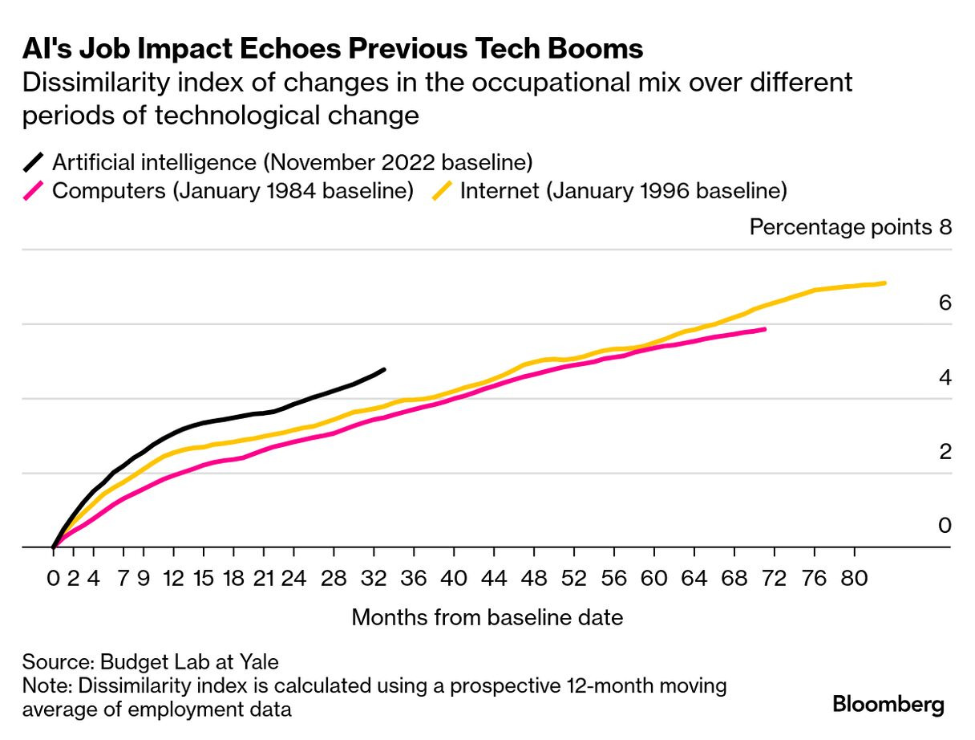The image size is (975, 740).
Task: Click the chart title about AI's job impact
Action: (332, 49)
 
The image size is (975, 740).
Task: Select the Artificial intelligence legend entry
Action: (292, 162)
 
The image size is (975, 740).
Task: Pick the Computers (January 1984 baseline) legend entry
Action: (233, 191)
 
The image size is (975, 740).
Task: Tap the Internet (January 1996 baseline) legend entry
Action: (623, 191)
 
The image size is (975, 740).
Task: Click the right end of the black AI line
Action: (385, 369)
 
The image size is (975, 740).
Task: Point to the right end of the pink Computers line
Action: (765, 329)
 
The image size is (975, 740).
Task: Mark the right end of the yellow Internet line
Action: (884, 283)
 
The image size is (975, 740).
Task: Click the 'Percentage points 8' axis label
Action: (850, 227)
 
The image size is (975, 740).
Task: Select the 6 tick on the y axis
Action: (944, 303)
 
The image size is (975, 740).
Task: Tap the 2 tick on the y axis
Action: (944, 452)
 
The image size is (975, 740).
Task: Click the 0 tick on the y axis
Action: (944, 526)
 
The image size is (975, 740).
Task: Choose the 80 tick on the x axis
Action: (854, 578)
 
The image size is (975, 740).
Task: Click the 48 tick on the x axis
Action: (534, 578)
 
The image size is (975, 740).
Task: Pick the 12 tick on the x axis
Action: (174, 578)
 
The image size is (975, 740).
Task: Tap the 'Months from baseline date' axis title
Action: (487, 617)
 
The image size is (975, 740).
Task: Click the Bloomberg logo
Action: (888, 704)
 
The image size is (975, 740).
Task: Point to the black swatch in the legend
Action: (35, 162)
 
